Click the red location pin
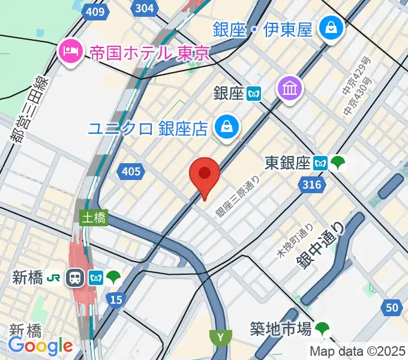(x=204, y=175)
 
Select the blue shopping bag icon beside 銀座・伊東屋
(x=330, y=28)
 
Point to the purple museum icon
(x=290, y=89)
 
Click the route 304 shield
(x=144, y=8)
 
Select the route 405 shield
(x=131, y=172)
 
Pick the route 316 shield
(x=312, y=185)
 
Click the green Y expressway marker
(x=221, y=338)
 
